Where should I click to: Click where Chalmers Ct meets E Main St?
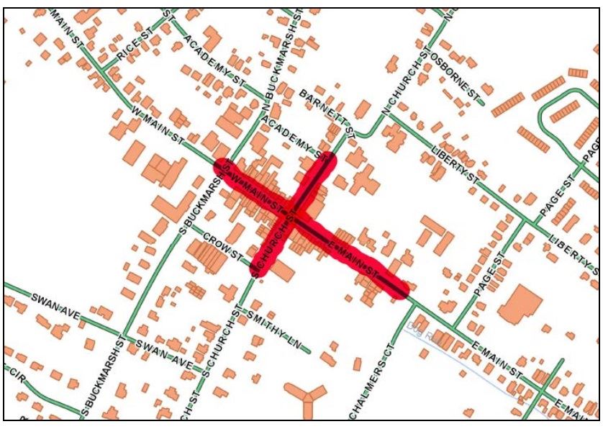(x=414, y=305)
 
